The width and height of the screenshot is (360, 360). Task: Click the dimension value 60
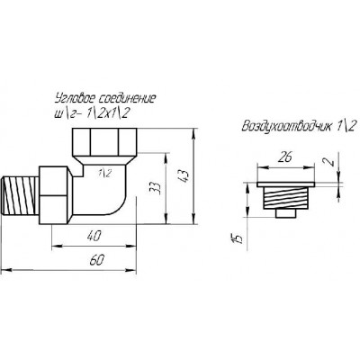[x=97, y=260]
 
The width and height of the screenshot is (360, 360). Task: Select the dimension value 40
[x=94, y=236]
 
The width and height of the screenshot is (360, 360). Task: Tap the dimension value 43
[x=184, y=175]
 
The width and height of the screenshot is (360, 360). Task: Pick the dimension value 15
[x=238, y=237]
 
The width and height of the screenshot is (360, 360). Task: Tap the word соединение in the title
[x=128, y=98]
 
